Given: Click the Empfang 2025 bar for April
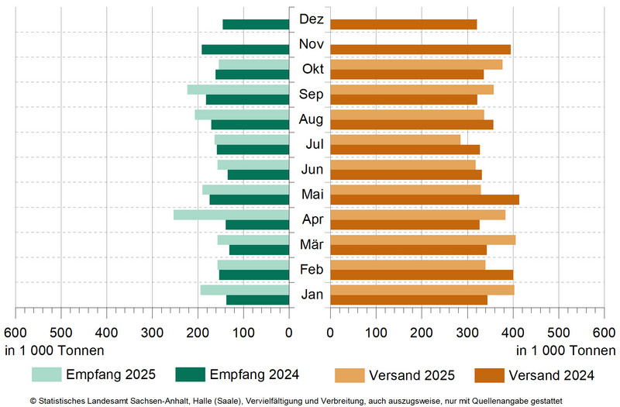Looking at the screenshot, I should [x=232, y=215].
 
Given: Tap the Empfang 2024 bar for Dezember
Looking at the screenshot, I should [x=256, y=24].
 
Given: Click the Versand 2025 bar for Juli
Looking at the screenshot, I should [x=395, y=140].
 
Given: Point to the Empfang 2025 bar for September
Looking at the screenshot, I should [x=239, y=89].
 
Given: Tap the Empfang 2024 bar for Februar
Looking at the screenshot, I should [x=254, y=274].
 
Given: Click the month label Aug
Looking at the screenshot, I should [x=311, y=119].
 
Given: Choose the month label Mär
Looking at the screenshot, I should [x=311, y=245].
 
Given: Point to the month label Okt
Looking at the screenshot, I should [x=312, y=69].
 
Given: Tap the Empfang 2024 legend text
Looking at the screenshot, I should [x=255, y=374].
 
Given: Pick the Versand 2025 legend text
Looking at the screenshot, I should [x=412, y=375].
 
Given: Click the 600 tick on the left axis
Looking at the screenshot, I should [x=15, y=333].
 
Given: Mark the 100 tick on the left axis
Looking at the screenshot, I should [x=244, y=333].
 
